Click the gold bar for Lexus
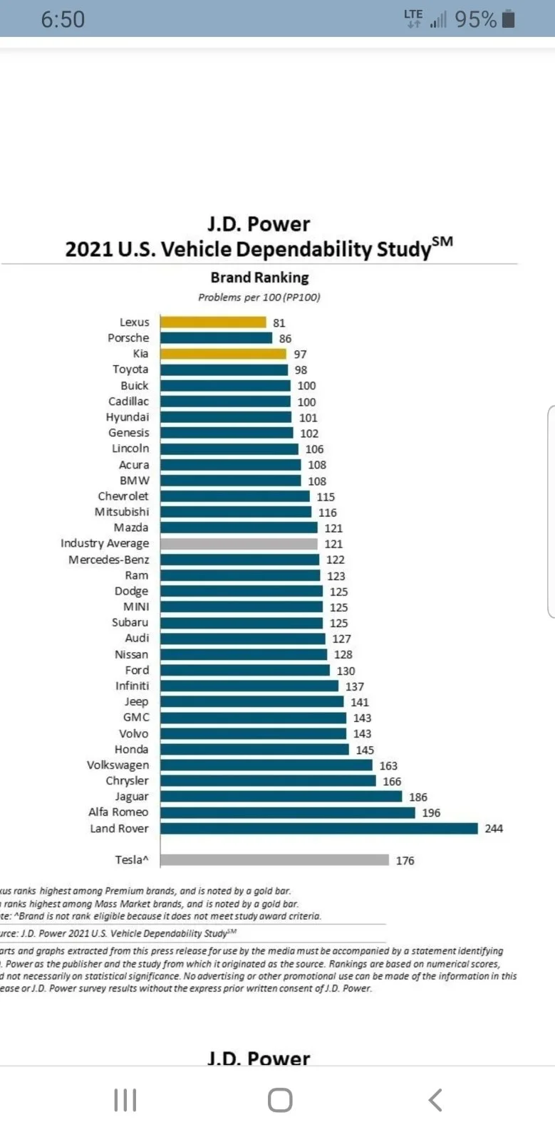(x=213, y=322)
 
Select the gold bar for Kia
(x=223, y=354)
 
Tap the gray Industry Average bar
(x=239, y=544)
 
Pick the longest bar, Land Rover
(x=318, y=829)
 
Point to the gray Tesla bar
(x=274, y=860)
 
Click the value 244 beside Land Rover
(x=494, y=829)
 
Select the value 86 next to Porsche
(x=285, y=339)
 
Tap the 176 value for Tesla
(x=405, y=861)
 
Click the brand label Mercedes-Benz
(x=109, y=560)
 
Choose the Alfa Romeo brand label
(x=118, y=812)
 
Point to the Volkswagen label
(x=118, y=765)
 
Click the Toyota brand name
(x=130, y=369)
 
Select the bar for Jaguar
(x=281, y=797)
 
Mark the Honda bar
(x=254, y=750)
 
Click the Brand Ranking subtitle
(x=259, y=278)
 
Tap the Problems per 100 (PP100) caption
(x=259, y=298)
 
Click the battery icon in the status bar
(x=508, y=19)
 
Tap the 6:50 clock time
(x=63, y=19)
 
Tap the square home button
(x=280, y=1100)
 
